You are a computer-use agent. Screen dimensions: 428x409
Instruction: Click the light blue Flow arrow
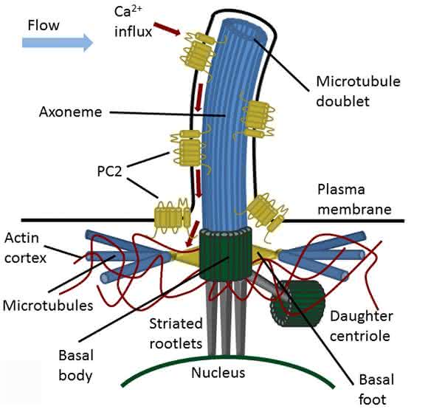[58, 43]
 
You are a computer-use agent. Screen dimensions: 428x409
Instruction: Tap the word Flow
[44, 25]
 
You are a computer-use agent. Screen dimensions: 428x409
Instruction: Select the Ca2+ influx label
[133, 22]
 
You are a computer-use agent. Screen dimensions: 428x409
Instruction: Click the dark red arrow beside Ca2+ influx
[167, 29]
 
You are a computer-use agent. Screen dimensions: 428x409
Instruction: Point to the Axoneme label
[70, 112]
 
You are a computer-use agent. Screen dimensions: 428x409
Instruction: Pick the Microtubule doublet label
[358, 92]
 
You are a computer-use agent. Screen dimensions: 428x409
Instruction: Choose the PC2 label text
[109, 171]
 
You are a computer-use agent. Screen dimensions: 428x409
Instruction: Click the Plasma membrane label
[354, 199]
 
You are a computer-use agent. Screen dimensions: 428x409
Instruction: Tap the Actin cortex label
[25, 248]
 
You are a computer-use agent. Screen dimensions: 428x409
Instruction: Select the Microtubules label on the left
[48, 305]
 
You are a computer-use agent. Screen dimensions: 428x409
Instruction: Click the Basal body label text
[75, 365]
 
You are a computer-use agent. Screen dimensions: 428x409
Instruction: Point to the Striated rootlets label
[176, 334]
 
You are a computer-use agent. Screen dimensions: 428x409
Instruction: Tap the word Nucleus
[218, 373]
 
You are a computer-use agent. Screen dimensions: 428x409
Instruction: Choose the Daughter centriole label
[361, 326]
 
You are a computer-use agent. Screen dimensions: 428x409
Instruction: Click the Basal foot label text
[376, 390]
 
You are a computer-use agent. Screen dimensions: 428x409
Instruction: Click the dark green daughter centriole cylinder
[297, 303]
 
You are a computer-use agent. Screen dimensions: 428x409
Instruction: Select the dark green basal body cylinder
[226, 254]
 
